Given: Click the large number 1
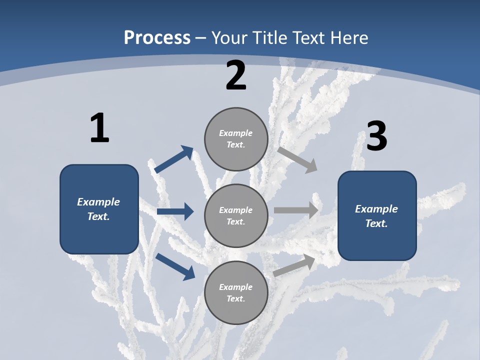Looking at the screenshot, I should pyautogui.click(x=99, y=128).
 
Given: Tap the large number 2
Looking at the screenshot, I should pyautogui.click(x=236, y=75).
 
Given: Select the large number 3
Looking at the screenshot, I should pyautogui.click(x=376, y=136).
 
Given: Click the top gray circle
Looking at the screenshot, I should pyautogui.click(x=236, y=139).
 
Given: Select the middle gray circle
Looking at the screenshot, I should pyautogui.click(x=236, y=215).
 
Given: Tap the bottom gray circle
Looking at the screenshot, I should pyautogui.click(x=236, y=292).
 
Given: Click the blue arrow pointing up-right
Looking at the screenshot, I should pyautogui.click(x=173, y=159).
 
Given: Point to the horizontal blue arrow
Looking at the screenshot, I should pyautogui.click(x=175, y=211).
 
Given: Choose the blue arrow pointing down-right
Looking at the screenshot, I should pyautogui.click(x=175, y=266).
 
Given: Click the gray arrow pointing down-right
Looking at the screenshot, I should pyautogui.click(x=297, y=159).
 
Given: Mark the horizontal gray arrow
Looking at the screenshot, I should pyautogui.click(x=296, y=210).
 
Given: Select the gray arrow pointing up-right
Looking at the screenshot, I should pyautogui.click(x=294, y=265).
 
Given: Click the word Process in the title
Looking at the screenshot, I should pyautogui.click(x=157, y=37).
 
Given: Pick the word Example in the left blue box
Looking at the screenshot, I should pyautogui.click(x=98, y=202).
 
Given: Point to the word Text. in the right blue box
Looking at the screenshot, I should pyautogui.click(x=376, y=223).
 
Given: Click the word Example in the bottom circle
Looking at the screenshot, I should pyautogui.click(x=236, y=287).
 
